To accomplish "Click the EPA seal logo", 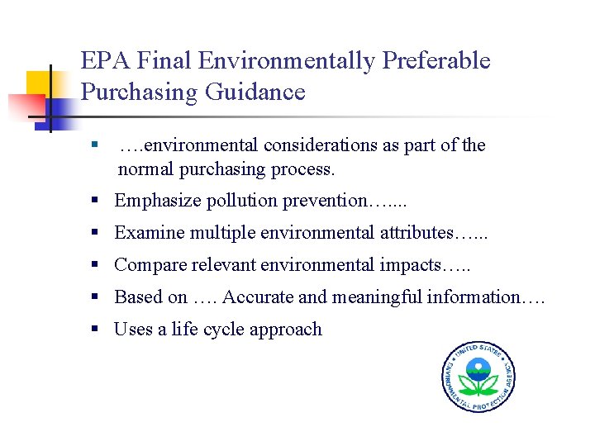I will [x=478, y=376].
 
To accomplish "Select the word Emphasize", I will [x=154, y=201].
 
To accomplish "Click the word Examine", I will [x=149, y=233].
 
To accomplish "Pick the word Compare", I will [x=150, y=265].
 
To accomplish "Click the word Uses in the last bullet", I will [x=132, y=330].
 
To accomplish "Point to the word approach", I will [x=286, y=330].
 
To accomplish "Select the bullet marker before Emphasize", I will [x=97, y=201].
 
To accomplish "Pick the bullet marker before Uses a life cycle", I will [x=97, y=330].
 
